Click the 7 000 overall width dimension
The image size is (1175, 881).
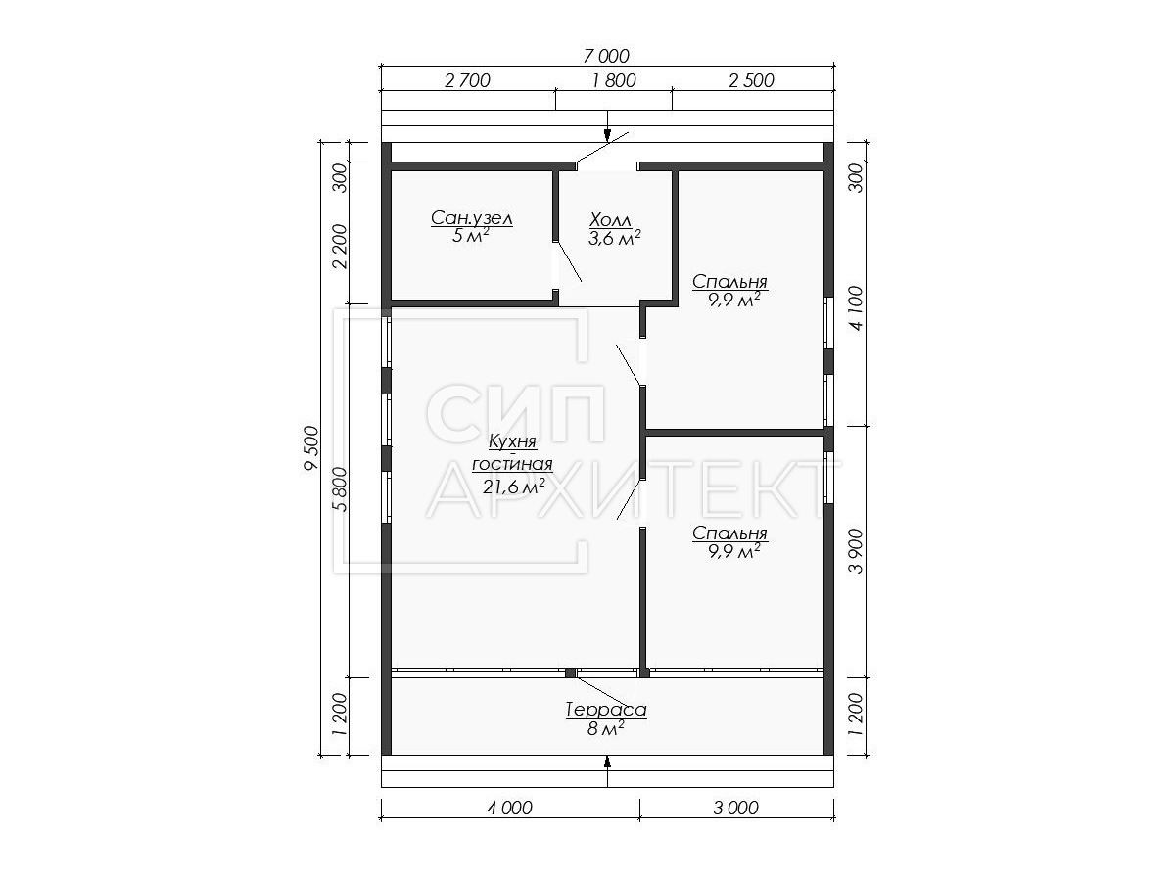pos(605,56)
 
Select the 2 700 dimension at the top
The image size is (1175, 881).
pos(467,81)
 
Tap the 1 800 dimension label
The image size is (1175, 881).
pos(614,81)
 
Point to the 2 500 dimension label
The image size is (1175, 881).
pos(751,81)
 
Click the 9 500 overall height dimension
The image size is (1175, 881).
pos(311,447)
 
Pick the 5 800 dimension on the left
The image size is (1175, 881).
pos(340,489)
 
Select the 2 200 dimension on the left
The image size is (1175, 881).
pos(340,247)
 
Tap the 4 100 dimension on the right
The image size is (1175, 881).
pos(857,308)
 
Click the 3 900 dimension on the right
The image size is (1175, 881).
pos(857,551)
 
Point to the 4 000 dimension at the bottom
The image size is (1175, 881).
pos(509,808)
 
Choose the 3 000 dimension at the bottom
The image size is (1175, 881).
pos(735,808)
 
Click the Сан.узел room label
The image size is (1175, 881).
pos(472,218)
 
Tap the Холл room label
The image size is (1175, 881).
pos(611,220)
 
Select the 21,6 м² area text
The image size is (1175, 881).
pos(514,487)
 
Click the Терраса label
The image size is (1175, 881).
pos(606,710)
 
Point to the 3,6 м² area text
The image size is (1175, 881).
pos(615,238)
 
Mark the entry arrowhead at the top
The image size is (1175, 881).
pos(607,135)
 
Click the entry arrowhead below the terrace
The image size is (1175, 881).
pos(607,763)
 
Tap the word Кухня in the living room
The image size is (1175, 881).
pos(512,441)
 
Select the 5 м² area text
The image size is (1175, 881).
pos(471,236)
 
